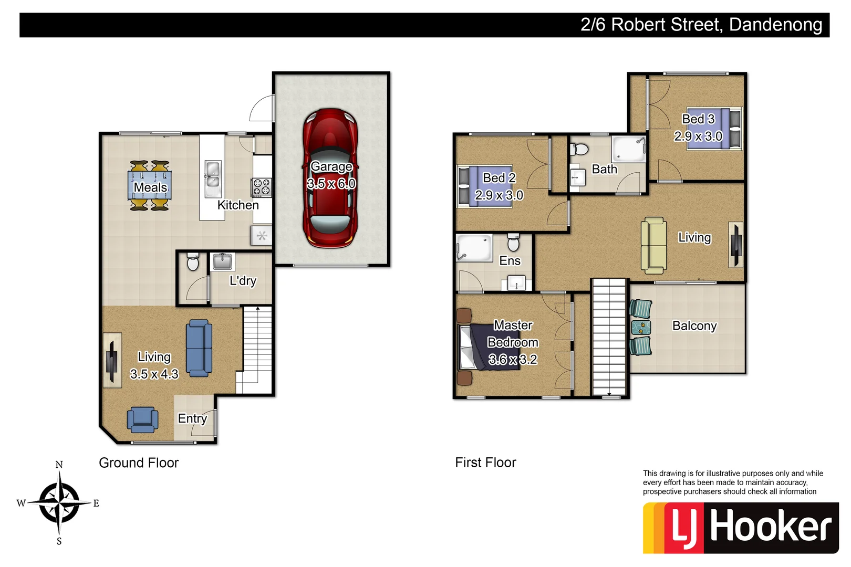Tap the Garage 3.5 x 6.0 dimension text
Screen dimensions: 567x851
pos(331,184)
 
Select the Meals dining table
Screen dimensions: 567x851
pos(150,185)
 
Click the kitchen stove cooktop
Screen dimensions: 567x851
pos(262,187)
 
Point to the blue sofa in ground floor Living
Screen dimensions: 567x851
pos(199,348)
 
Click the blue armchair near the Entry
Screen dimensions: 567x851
pos(142,419)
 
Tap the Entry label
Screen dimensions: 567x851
pos(192,418)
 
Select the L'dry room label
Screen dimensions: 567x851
pos(243,281)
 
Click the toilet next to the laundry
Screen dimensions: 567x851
pos(193,262)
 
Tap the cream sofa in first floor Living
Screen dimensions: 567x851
pos(653,245)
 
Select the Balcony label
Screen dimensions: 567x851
pos(694,326)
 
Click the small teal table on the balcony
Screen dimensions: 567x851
pos(641,327)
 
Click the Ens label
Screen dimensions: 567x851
pos(510,261)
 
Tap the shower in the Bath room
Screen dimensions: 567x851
pos(629,149)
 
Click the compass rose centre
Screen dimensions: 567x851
pos(59,503)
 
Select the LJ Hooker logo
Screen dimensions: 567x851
pos(740,528)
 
